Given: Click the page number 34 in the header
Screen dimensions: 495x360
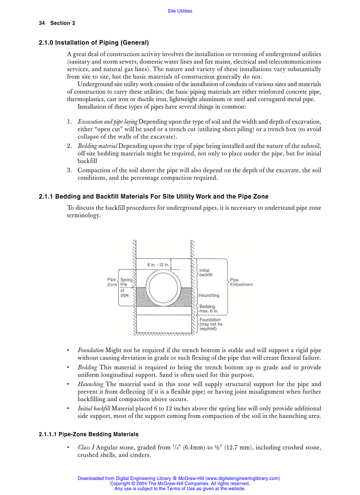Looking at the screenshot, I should coord(42,23).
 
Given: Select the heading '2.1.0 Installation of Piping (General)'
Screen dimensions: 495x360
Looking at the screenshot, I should coord(94,43).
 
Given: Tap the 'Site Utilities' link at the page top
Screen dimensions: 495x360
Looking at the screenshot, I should coord(180,11).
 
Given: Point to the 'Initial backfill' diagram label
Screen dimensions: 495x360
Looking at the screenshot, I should coord(206,272).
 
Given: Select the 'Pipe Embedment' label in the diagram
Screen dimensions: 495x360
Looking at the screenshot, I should coord(241,282).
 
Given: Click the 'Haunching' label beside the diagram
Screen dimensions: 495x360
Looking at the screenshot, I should coord(209,295).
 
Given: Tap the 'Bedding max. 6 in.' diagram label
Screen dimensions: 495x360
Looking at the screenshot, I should coord(208,309).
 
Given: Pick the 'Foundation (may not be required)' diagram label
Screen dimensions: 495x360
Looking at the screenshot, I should coord(211,324).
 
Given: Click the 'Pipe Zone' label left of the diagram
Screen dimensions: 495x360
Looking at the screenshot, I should coord(112,282).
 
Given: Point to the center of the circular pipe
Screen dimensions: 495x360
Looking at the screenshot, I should coord(163,286).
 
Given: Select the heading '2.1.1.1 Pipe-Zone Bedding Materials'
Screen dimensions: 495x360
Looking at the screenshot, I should coord(89,434).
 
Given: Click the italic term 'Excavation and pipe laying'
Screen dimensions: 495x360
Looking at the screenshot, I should coord(108,121).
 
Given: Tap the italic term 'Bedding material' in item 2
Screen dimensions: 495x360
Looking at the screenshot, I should coord(97,146).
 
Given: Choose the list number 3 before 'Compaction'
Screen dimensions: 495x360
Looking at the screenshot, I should coord(69,170).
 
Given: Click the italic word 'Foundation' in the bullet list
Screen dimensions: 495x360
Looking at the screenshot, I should coord(90,350).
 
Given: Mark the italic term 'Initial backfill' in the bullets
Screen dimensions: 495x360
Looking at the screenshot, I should coord(94,409).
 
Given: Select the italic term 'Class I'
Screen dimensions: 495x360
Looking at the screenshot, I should coord(86,447).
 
